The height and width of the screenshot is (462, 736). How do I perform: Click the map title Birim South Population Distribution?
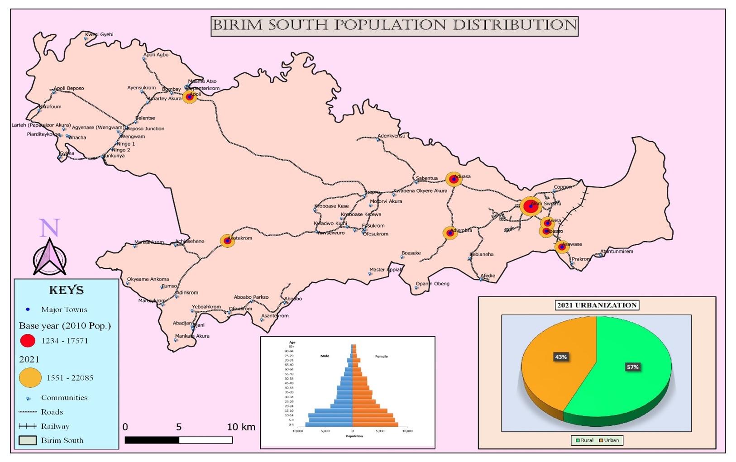(394, 26)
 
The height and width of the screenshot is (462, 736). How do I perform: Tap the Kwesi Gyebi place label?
(100, 34)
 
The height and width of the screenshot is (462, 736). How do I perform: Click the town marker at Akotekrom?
(227, 241)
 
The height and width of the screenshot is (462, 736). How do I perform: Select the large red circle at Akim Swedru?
(530, 206)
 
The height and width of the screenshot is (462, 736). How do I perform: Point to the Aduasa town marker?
(454, 179)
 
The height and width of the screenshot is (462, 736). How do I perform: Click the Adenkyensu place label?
(392, 136)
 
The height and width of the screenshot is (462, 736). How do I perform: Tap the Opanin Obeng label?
(433, 284)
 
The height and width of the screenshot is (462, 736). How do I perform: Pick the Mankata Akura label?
(192, 336)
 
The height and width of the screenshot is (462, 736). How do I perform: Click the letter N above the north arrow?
(49, 228)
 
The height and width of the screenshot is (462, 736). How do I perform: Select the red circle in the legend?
(28, 341)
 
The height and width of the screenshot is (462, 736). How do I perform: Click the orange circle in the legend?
(30, 378)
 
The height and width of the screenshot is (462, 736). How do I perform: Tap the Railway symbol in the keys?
(27, 426)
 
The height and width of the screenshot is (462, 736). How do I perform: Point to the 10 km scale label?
(241, 427)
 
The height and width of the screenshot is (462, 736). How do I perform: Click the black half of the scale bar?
(152, 440)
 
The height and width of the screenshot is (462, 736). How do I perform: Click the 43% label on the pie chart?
(561, 357)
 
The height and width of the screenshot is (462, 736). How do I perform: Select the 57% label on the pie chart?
(632, 367)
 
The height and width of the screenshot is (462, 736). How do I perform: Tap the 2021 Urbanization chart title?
(597, 305)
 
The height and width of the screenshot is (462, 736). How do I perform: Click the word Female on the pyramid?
(381, 356)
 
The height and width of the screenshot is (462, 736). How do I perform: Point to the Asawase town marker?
(562, 247)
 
